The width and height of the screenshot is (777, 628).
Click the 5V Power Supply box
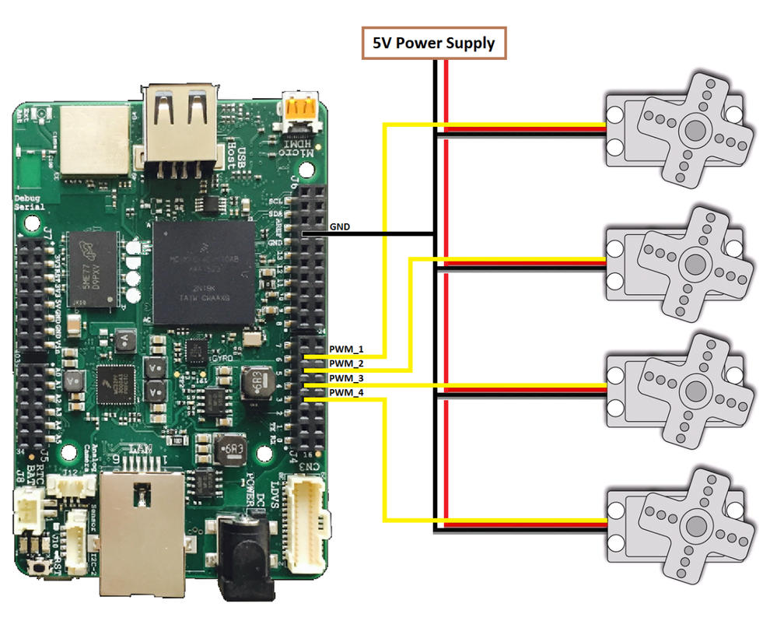(x=433, y=43)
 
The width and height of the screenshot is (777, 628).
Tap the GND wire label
(x=340, y=227)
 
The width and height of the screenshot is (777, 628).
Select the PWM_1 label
(x=346, y=350)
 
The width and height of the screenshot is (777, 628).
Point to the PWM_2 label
(x=346, y=364)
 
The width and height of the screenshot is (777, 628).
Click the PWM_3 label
(x=346, y=378)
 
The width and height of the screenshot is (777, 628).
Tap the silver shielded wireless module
(x=94, y=140)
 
